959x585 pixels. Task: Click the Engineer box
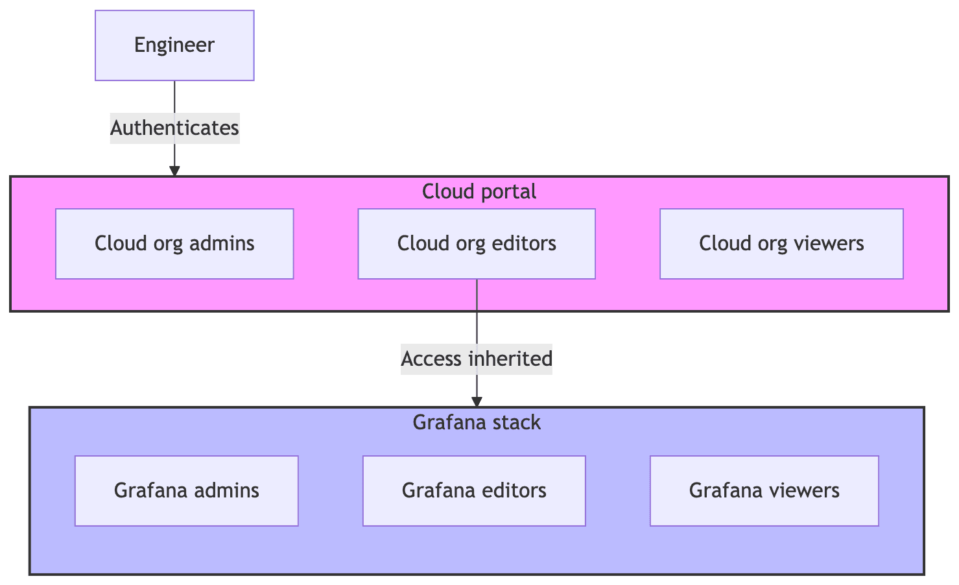(174, 45)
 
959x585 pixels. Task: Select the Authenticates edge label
(174, 128)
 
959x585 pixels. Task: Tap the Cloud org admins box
(174, 243)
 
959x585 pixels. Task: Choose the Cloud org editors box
(477, 243)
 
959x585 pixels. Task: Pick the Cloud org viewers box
(781, 243)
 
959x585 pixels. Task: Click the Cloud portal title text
(479, 191)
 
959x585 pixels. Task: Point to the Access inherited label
(477, 359)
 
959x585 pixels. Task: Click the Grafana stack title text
(477, 423)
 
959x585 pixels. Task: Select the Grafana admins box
(187, 490)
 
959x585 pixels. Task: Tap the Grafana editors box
(474, 490)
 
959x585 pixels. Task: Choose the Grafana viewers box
(764, 490)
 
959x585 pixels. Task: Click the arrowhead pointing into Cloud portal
(174, 171)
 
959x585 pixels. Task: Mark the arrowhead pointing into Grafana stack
(477, 402)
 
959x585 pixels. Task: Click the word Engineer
(174, 45)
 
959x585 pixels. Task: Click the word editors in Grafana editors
(512, 490)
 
